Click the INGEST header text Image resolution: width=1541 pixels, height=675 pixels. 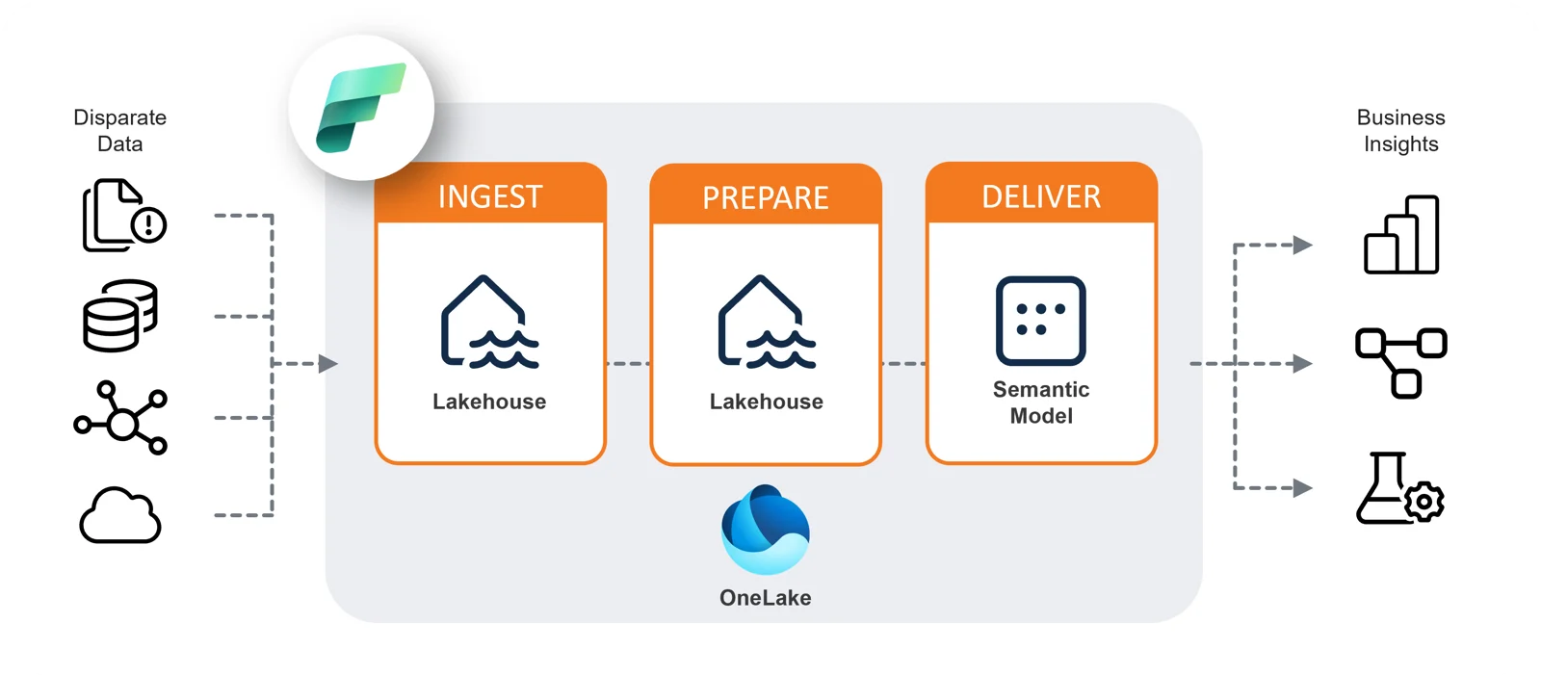click(x=490, y=196)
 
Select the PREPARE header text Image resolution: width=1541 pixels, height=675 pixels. click(x=766, y=197)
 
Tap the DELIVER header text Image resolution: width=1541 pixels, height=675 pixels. click(x=1041, y=196)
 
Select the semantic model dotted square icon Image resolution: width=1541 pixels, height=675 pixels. click(x=1041, y=321)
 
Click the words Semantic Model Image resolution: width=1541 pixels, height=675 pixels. click(x=1041, y=402)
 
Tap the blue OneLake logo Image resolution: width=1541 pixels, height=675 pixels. click(x=766, y=530)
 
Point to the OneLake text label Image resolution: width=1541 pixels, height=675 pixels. click(x=766, y=598)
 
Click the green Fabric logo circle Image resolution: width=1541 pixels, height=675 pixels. click(x=361, y=108)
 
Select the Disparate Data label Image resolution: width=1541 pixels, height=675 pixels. click(x=120, y=130)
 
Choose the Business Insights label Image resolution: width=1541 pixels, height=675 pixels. click(x=1401, y=130)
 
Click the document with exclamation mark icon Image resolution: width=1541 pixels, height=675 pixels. click(x=123, y=216)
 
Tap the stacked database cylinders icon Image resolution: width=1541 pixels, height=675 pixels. click(x=120, y=316)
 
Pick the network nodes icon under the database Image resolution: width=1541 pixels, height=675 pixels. click(x=121, y=418)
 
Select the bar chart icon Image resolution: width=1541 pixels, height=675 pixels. click(x=1401, y=235)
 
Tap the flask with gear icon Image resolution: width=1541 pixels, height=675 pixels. click(x=1399, y=488)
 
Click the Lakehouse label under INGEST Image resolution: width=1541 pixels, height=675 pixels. click(x=489, y=402)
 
